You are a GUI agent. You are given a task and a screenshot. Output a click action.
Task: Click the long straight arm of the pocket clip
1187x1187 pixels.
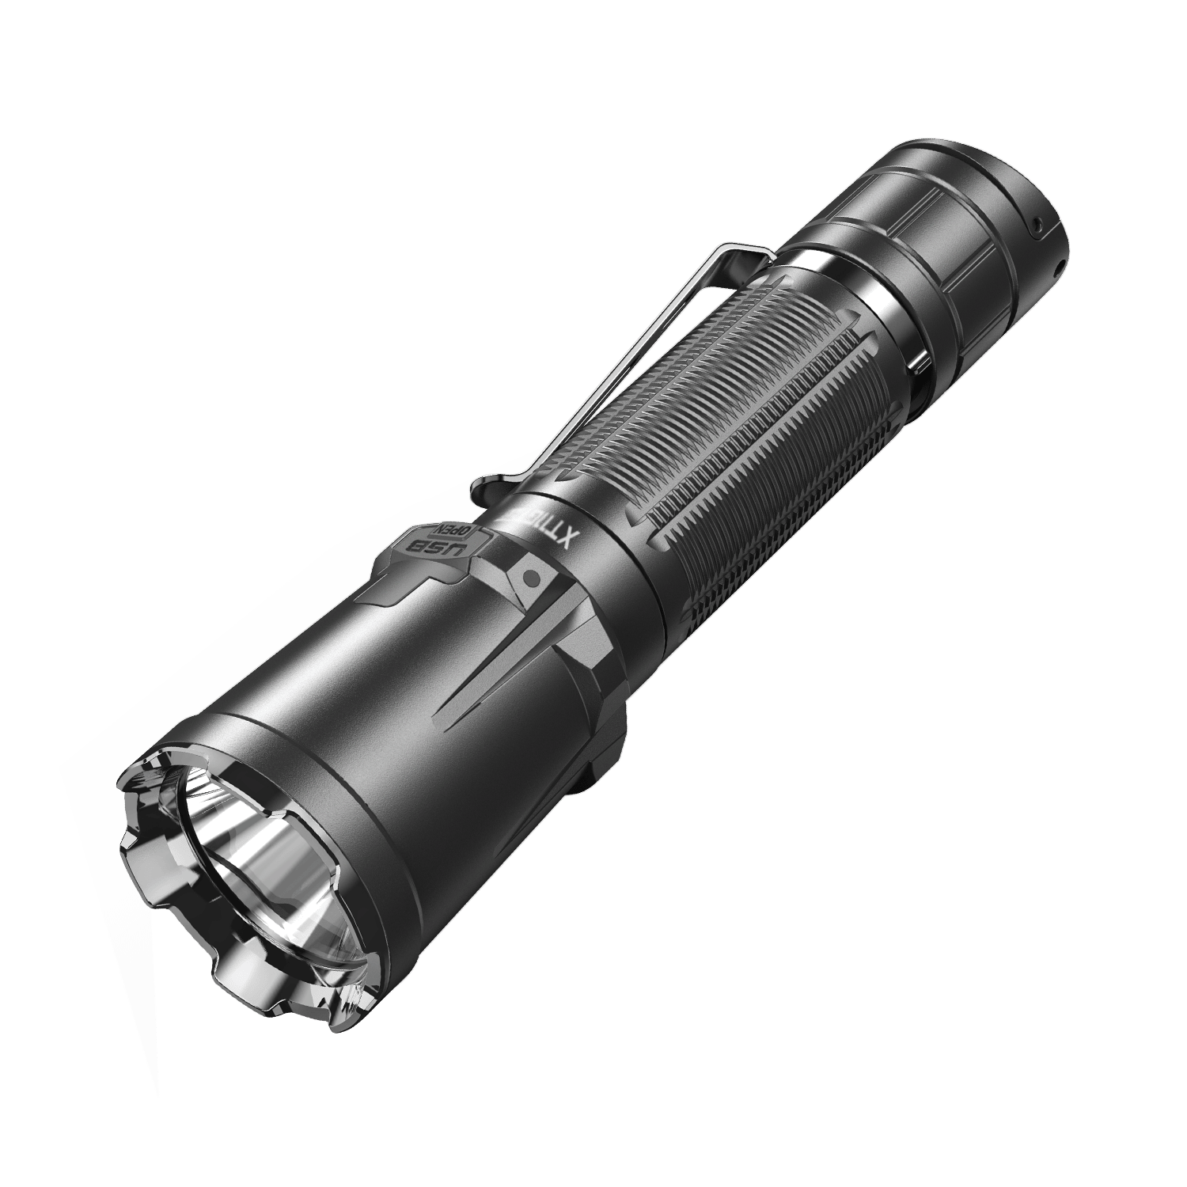tap(617, 372)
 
